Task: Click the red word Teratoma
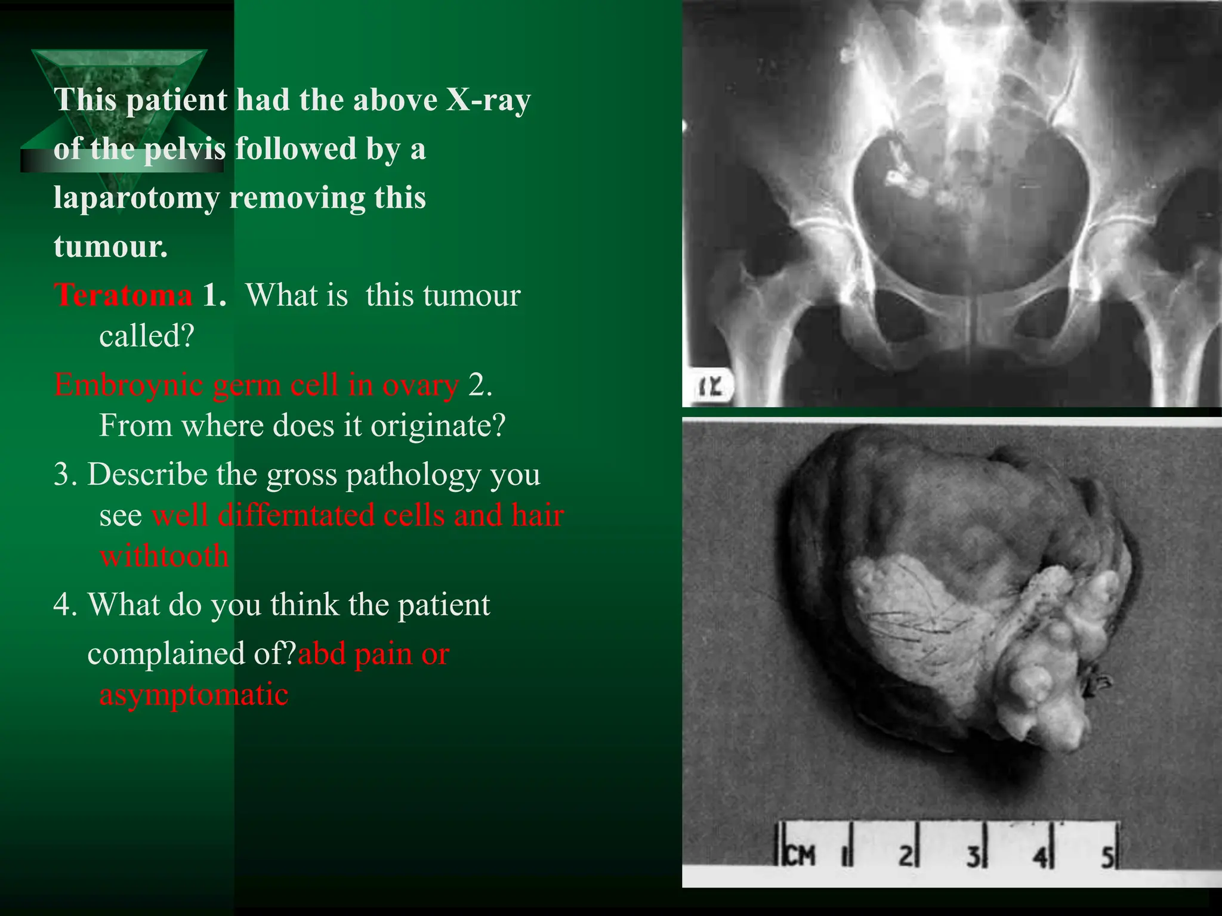pos(123,295)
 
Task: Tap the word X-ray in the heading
pos(488,100)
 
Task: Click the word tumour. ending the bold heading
pos(110,246)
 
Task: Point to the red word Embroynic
pos(128,385)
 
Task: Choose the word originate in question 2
pos(438,425)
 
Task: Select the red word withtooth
pos(164,556)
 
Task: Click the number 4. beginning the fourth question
pos(64,605)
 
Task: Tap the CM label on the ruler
pos(799,856)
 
